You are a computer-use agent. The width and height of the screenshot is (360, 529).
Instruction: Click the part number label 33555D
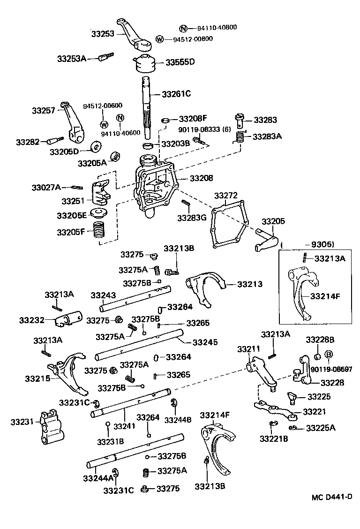179,62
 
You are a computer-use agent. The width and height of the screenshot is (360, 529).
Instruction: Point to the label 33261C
176,94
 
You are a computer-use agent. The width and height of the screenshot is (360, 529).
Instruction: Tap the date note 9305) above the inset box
319,244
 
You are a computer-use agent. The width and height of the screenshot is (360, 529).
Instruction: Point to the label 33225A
321,428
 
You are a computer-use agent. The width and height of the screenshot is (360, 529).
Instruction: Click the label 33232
31,320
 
